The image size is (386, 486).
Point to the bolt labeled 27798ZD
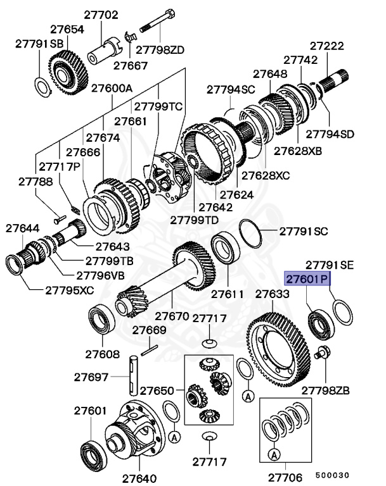[152, 29]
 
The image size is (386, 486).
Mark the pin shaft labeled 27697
[134, 377]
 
